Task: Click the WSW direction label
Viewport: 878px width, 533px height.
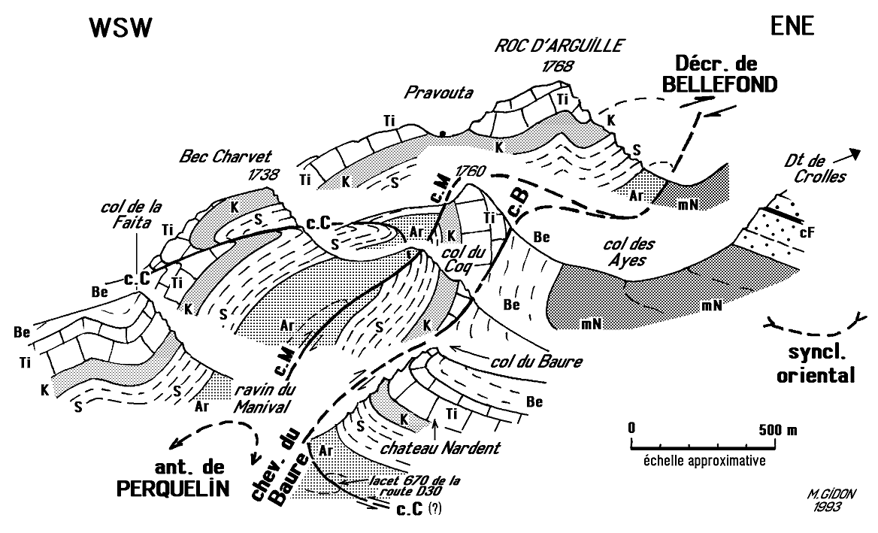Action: point(121,28)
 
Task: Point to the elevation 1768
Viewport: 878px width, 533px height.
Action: point(556,66)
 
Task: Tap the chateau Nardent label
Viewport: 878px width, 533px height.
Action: point(441,449)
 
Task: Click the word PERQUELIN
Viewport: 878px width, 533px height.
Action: point(171,487)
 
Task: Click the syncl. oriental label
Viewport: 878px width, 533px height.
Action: point(817,364)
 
